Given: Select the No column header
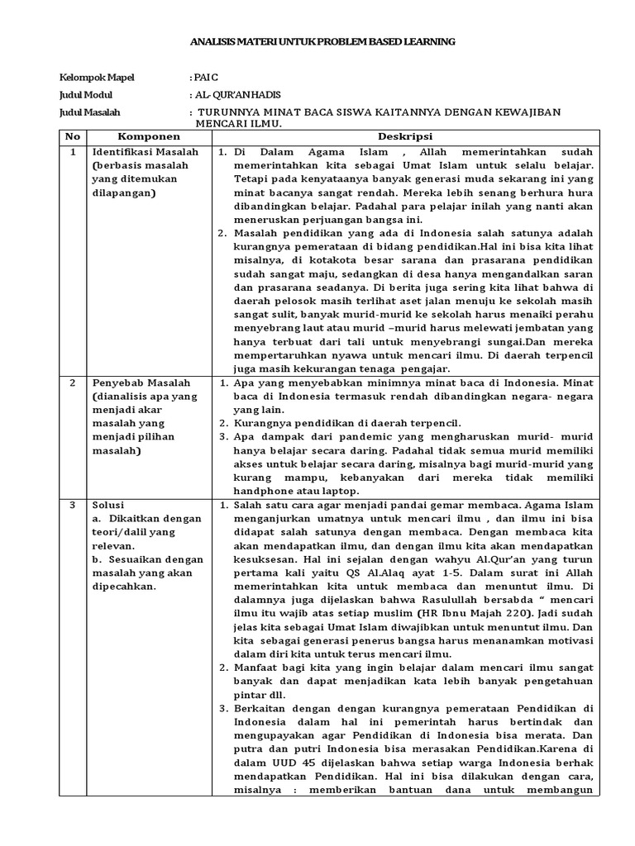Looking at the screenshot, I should (73, 136).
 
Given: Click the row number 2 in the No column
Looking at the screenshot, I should (73, 383).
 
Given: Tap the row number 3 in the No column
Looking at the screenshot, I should (73, 504).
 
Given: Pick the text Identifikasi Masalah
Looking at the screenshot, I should (145, 153).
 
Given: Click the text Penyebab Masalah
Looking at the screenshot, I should (141, 383).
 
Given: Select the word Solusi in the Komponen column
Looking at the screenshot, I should (108, 504).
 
